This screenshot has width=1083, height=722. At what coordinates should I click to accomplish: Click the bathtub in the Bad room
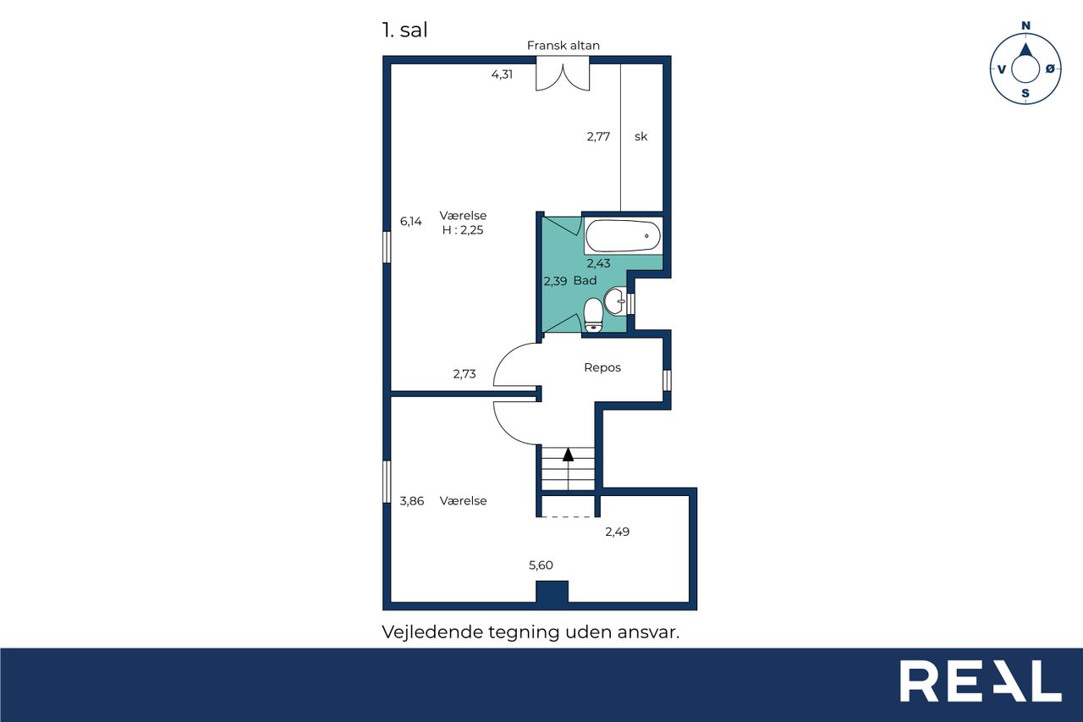623,236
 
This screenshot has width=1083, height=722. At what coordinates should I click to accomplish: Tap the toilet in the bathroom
593,316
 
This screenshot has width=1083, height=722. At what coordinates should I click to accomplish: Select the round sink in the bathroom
615,301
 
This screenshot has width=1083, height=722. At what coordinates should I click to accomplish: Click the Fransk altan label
563,46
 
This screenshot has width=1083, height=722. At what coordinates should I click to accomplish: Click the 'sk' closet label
640,137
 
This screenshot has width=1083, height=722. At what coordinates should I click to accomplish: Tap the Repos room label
602,367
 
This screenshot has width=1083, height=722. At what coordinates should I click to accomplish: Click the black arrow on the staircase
568,455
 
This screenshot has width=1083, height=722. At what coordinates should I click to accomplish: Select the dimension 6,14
411,222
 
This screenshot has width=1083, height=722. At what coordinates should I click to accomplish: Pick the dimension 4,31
502,74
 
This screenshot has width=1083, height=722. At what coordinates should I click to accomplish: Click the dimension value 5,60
541,565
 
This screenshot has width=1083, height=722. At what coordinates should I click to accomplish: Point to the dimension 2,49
618,532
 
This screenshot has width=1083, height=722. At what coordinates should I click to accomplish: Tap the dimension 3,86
412,501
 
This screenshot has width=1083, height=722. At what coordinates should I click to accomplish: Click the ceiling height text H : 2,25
463,230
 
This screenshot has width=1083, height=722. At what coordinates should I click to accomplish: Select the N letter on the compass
1025,25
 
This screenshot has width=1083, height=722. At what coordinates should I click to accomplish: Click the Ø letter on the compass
1050,69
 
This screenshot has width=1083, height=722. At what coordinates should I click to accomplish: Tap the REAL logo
981,681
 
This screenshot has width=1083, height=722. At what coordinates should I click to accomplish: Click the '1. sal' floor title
404,30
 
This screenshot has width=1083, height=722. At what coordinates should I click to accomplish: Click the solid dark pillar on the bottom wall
552,592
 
